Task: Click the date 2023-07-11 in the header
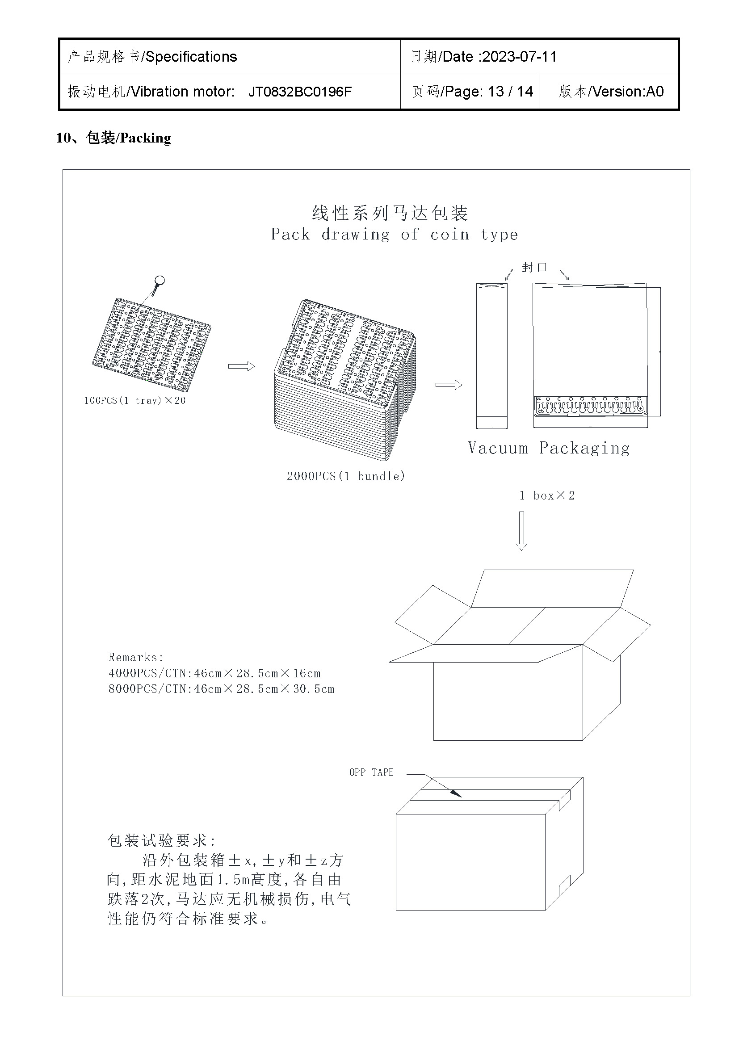coord(519,57)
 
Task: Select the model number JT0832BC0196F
coord(300,92)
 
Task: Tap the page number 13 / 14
coord(510,92)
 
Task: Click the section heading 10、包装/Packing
coord(113,138)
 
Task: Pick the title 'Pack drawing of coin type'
coord(394,235)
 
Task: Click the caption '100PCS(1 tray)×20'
coord(134,400)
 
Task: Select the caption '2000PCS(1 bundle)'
coord(345,476)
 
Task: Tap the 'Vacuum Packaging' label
coord(548,448)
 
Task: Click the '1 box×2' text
coord(547,495)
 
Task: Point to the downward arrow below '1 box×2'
coord(521,530)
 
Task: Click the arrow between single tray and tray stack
coord(241,366)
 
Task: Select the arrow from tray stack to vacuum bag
coord(449,385)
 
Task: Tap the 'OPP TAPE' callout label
coord(371,772)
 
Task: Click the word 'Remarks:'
coord(136,657)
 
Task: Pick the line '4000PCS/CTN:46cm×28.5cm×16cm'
coord(214,673)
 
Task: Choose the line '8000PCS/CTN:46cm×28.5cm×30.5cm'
coord(221,689)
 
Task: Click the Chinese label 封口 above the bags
coord(534,267)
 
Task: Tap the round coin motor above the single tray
coord(159,281)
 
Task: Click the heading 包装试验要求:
coord(162,840)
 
